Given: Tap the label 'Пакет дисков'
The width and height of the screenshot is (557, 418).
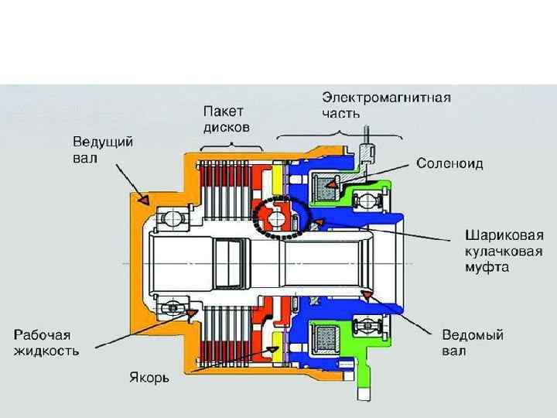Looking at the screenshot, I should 226,119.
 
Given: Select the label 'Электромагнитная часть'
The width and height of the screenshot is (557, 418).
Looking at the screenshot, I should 387,105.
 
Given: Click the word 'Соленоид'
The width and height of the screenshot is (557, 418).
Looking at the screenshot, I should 449,164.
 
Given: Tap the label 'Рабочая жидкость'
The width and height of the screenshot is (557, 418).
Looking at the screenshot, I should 46,342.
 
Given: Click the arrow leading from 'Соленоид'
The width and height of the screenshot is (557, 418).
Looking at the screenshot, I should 371,175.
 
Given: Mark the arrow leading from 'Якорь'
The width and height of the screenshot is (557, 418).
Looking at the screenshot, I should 232,362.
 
